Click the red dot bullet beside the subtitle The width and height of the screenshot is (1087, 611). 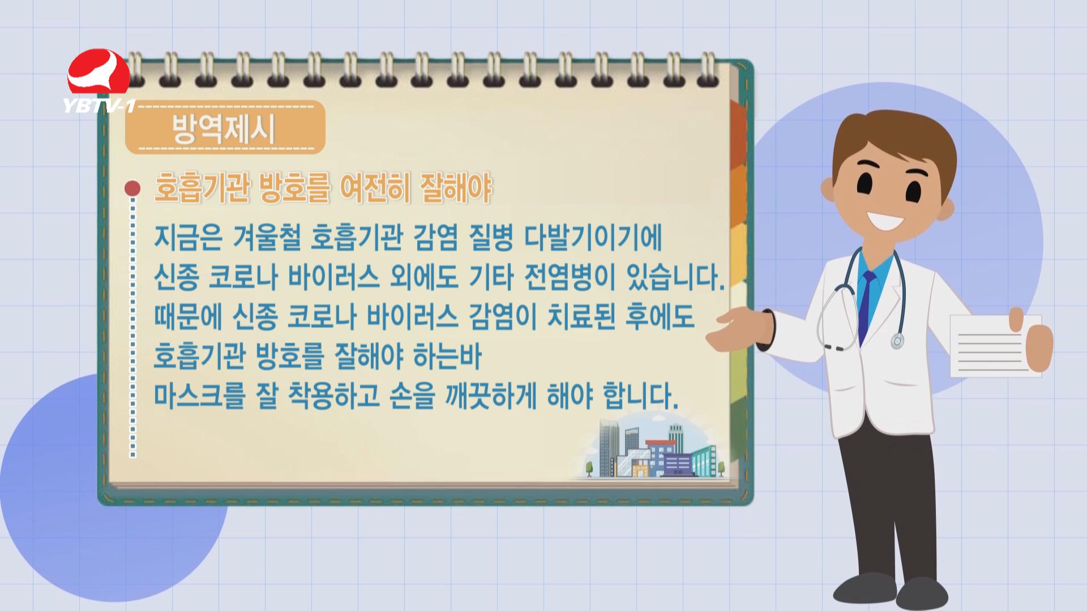(x=132, y=188)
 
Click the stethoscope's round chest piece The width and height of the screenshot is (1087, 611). (x=897, y=341)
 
